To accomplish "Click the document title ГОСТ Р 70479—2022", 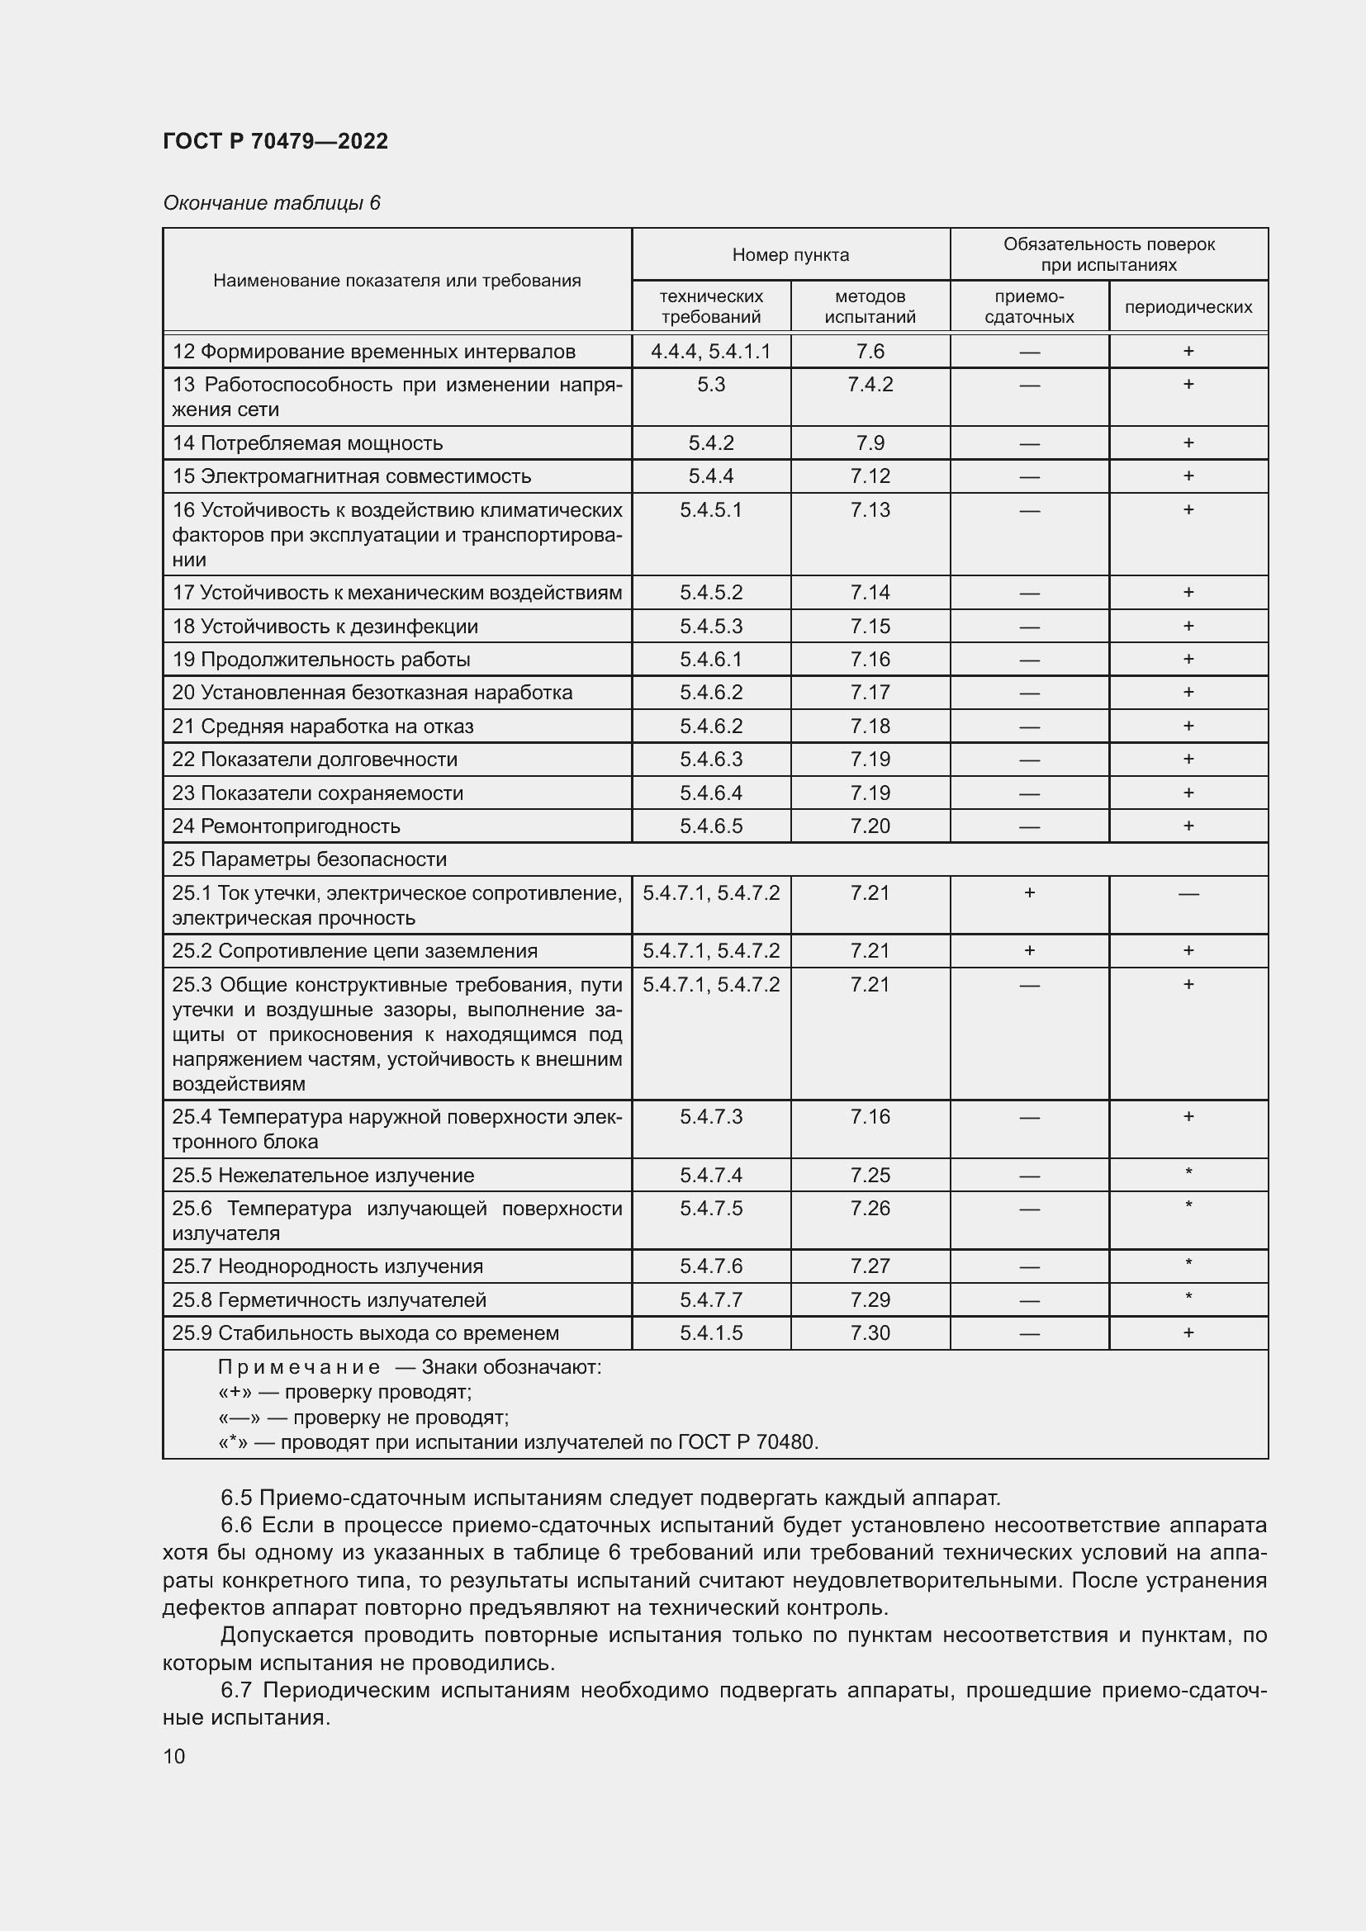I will (x=275, y=141).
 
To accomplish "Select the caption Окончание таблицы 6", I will (x=272, y=204).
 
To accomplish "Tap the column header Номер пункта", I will (x=790, y=255).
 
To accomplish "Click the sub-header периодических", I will (x=1188, y=308).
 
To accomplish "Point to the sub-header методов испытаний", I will (x=870, y=307).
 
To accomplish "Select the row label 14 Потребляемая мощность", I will (x=307, y=443).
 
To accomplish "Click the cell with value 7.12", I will (x=870, y=477).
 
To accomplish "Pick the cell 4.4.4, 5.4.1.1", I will (x=711, y=352).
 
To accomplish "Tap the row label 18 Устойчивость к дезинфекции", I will (x=325, y=627).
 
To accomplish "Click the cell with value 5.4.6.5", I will (x=711, y=826).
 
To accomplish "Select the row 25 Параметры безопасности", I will (x=310, y=859).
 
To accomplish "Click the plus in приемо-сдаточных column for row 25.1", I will (x=1029, y=893).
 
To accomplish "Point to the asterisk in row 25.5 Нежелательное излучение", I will (x=1188, y=1172).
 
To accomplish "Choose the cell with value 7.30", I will (x=870, y=1333).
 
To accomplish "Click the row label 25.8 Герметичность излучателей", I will (x=329, y=1300).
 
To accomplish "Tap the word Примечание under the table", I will (x=299, y=1367).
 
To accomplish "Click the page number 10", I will (x=174, y=1757).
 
